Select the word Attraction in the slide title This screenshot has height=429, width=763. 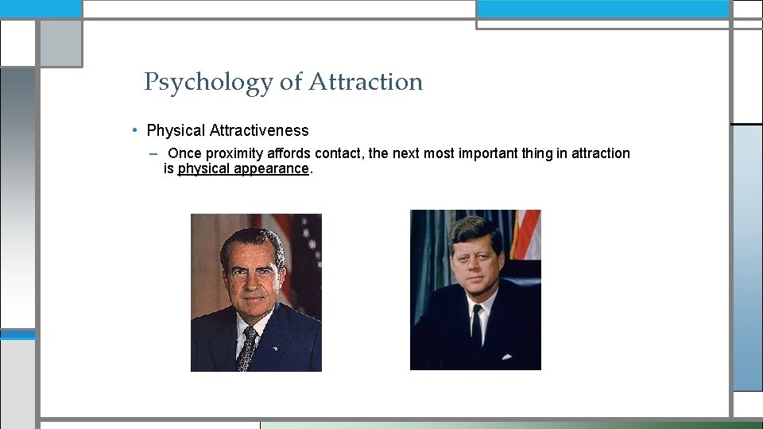coord(366,82)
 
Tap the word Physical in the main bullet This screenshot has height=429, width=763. coord(176,130)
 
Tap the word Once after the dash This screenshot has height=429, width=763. coord(184,153)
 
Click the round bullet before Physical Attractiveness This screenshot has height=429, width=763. coord(137,130)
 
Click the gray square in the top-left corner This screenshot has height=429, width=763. coord(60,43)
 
